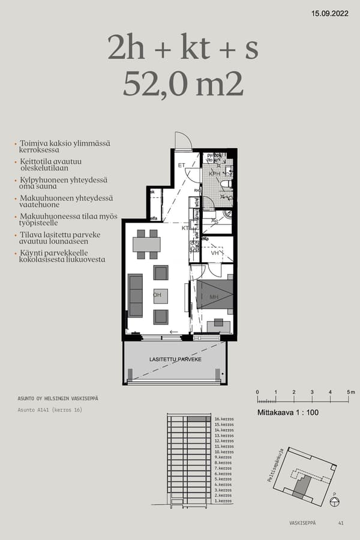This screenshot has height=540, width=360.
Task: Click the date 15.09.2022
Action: pyautogui.click(x=331, y=13)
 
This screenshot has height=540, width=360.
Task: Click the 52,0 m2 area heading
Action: pyautogui.click(x=183, y=85)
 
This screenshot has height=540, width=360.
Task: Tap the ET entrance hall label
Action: pyautogui.click(x=181, y=165)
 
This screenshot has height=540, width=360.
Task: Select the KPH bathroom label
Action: pyautogui.click(x=214, y=174)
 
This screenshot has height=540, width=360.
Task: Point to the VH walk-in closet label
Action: pyautogui.click(x=215, y=253)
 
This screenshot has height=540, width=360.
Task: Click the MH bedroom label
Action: pyautogui.click(x=214, y=297)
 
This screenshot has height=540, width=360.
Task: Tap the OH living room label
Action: pyautogui.click(x=157, y=295)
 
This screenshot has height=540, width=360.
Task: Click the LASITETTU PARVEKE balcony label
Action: pyautogui.click(x=175, y=359)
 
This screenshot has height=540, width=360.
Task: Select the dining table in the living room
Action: pyautogui.click(x=146, y=244)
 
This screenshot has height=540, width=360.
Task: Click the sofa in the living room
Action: pyautogui.click(x=136, y=295)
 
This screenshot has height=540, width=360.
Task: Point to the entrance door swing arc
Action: pyautogui.click(x=182, y=140)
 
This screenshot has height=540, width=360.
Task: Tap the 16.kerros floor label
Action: pyautogui.click(x=223, y=419)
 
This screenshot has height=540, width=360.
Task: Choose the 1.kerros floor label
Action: pyautogui.click(x=223, y=501)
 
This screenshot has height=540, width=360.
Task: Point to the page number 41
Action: pyautogui.click(x=341, y=523)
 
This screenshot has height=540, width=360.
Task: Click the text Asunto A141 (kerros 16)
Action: pyautogui.click(x=50, y=410)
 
